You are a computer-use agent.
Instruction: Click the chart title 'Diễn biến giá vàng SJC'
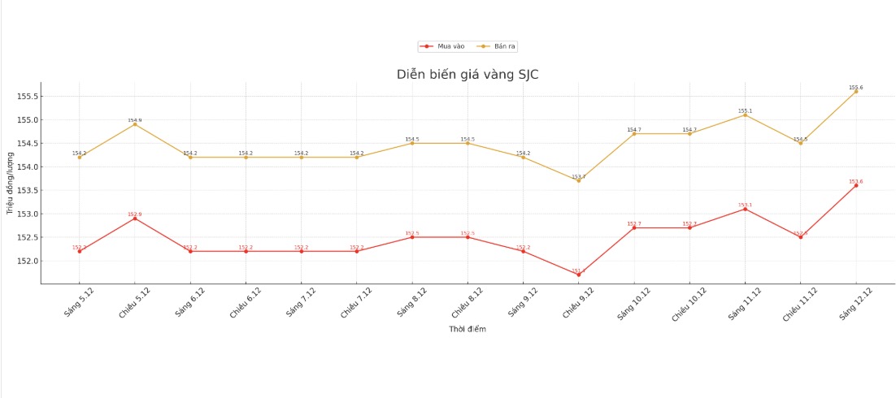tap(467, 75)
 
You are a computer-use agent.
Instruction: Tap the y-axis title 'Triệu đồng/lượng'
tap(11, 184)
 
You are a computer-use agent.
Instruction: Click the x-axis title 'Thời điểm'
tap(468, 329)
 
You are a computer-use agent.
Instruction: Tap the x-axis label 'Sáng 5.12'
tap(78, 302)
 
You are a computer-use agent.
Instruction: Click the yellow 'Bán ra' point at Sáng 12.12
tap(855, 91)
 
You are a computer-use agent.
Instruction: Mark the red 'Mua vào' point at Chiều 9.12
tap(579, 275)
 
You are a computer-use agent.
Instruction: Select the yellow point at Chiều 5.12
tap(135, 124)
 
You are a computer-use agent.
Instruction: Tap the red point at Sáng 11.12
tap(745, 209)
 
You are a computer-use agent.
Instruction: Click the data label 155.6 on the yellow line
tap(855, 87)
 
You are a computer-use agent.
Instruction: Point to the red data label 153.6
tap(855, 181)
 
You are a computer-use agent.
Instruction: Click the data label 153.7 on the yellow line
tap(579, 176)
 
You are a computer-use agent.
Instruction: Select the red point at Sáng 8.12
tap(412, 237)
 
